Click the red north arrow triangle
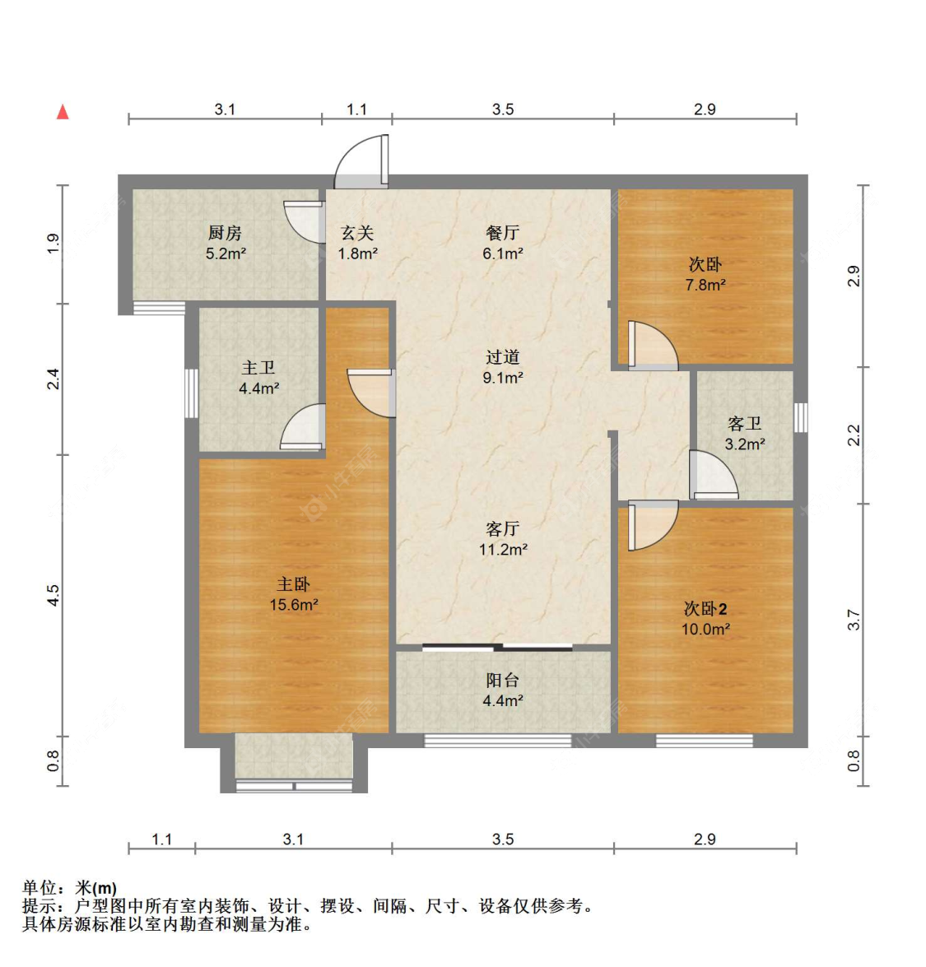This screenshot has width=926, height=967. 63,112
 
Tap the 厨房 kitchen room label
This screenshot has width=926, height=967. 225,243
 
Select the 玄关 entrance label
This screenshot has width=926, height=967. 357,243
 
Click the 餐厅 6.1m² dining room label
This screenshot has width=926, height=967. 502,243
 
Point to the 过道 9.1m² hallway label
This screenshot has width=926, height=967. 502,367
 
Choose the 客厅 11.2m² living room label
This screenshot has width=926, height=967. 502,538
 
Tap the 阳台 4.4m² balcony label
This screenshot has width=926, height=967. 502,690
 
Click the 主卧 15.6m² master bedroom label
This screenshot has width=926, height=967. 293,593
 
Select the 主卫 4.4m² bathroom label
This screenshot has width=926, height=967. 258,377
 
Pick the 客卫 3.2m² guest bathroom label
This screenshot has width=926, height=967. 744,433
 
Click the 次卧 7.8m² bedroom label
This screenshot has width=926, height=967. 705,274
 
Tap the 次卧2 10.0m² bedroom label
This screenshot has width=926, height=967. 705,618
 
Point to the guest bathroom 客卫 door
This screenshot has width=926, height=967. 712,476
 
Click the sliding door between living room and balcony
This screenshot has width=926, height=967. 498,648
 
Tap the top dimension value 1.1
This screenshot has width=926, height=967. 356,109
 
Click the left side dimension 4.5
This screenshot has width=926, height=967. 53,595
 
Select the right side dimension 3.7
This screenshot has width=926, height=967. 854,620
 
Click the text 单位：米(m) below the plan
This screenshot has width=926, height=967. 70,888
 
